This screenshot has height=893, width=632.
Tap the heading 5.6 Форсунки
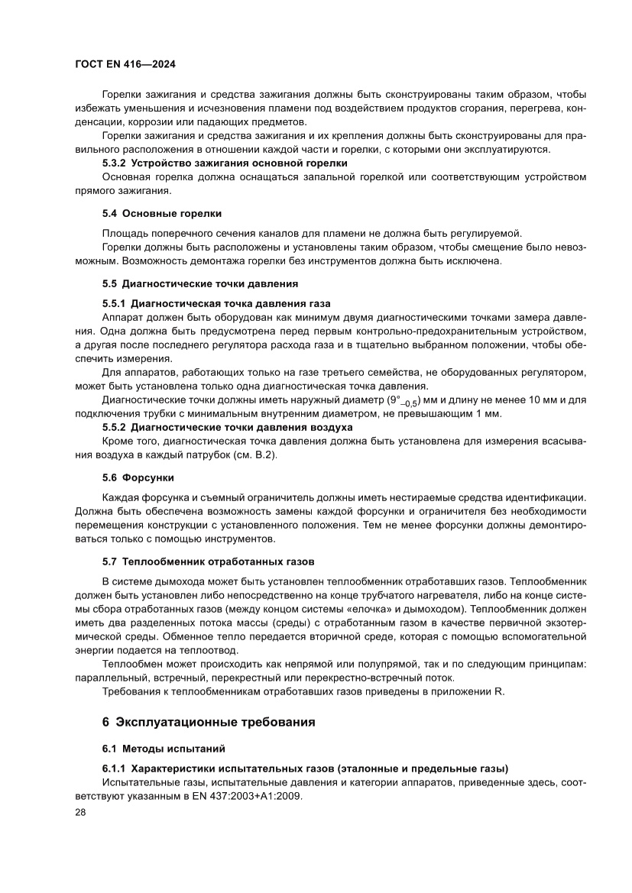138,477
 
